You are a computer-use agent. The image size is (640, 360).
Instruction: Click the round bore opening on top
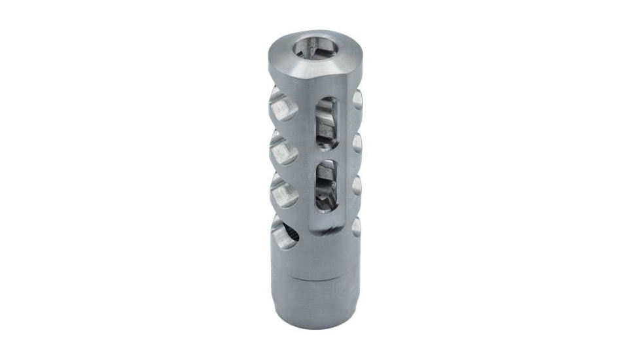click(311, 47)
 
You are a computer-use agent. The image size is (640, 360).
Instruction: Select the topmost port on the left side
click(281, 106)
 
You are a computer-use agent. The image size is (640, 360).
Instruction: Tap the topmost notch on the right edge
click(357, 99)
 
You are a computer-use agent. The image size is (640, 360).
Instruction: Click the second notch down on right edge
click(357, 142)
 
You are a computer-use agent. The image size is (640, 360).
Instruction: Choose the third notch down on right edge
click(357, 185)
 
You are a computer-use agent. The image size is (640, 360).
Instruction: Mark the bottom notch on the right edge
click(357, 226)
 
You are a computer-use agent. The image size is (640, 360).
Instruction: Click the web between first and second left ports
click(280, 128)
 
